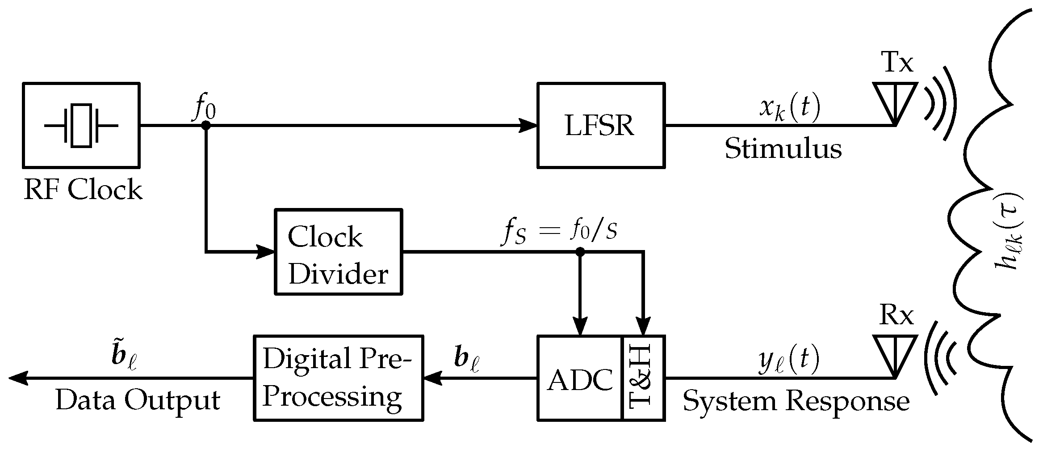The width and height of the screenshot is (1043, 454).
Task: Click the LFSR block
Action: [600, 126]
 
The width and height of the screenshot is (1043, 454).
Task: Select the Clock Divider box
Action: [338, 252]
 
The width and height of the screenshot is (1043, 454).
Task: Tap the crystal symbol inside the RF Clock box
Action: [81, 126]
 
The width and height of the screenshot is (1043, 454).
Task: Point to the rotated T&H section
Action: [643, 378]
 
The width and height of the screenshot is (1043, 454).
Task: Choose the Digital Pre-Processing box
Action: [338, 378]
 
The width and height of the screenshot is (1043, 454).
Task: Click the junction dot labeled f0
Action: [206, 126]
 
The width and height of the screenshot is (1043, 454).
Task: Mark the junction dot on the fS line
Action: [580, 252]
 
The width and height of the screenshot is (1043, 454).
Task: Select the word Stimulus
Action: [783, 149]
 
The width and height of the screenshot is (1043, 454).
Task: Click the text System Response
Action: [796, 401]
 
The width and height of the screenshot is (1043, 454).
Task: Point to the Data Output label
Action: [138, 400]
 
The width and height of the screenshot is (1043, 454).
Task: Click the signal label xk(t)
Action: [790, 108]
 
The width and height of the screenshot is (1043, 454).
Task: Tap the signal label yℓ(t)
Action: [789, 361]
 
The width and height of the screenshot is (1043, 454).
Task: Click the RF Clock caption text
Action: [83, 190]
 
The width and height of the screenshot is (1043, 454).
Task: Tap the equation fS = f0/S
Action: [560, 232]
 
